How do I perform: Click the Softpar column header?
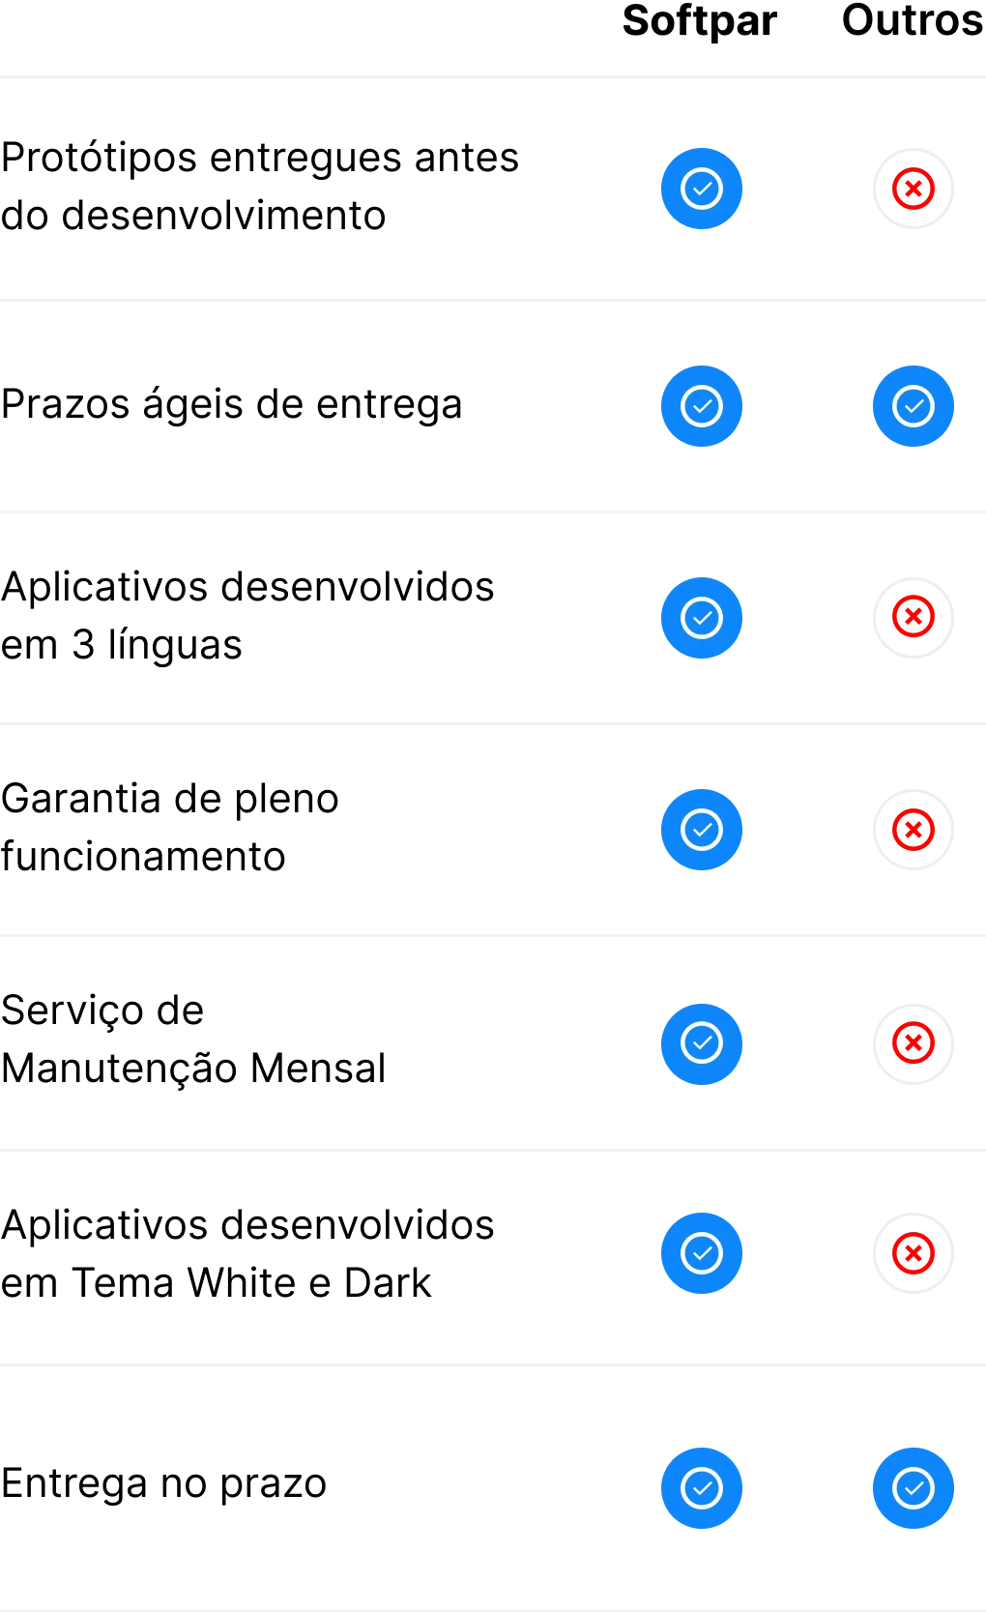(700, 21)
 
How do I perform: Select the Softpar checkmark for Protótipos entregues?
(701, 189)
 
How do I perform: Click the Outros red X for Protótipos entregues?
(913, 189)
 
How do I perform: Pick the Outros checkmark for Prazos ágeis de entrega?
(913, 406)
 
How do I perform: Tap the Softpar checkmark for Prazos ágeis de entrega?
(701, 406)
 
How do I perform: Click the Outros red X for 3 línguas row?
(913, 618)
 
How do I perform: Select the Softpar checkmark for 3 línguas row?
(701, 618)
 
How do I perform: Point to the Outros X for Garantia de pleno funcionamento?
(913, 830)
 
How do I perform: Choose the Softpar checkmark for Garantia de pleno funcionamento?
(701, 830)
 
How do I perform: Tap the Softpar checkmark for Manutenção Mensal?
(701, 1044)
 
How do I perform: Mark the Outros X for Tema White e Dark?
(913, 1253)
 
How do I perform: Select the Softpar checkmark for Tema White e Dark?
(701, 1253)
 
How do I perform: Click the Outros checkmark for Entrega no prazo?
(913, 1487)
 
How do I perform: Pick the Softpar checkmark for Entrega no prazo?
(701, 1487)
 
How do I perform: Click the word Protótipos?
(100, 159)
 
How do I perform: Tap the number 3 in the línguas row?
(83, 644)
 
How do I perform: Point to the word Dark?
(388, 1282)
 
